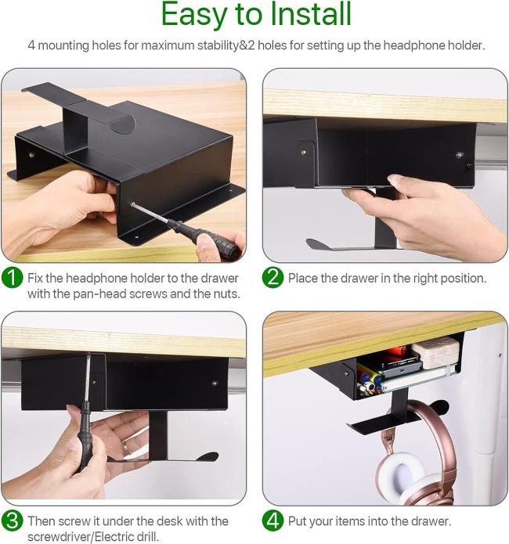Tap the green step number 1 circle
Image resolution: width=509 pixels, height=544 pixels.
coord(13,277)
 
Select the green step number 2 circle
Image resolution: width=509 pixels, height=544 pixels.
coord(273,277)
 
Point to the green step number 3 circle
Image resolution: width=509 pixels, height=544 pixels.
coord(13,521)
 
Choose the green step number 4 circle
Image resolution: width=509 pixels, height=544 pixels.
coord(273,521)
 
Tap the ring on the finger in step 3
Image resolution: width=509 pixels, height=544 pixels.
coord(126,449)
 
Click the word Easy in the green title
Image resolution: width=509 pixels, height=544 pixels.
coord(193,16)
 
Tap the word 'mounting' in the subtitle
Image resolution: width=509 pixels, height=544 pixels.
coord(63,46)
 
